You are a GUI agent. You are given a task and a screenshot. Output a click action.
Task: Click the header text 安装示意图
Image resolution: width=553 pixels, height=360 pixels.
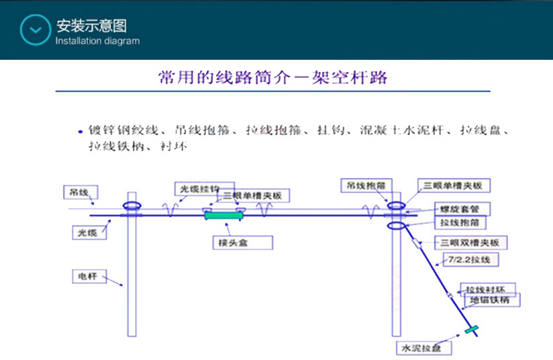click(x=91, y=26)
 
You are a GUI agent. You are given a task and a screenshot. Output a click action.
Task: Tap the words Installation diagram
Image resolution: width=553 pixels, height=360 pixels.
click(x=97, y=41)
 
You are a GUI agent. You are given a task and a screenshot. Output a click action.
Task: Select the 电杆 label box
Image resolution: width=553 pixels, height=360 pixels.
click(x=89, y=275)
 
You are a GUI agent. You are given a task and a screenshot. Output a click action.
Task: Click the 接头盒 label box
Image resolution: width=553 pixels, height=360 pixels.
click(x=242, y=242)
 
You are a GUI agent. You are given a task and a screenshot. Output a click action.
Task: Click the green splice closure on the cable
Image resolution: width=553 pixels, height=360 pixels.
click(x=224, y=215)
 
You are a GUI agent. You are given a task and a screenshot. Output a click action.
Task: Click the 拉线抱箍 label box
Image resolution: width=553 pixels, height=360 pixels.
click(x=460, y=222)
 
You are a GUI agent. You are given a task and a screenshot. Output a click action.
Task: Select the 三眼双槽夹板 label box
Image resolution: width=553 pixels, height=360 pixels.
click(x=470, y=242)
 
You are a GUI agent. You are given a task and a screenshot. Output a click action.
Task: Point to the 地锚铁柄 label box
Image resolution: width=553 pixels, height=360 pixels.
click(x=491, y=300)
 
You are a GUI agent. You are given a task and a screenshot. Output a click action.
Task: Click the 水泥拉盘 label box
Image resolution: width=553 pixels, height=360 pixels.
click(x=423, y=348)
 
